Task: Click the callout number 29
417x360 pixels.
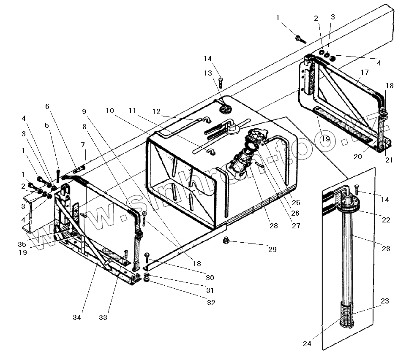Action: click(272, 249)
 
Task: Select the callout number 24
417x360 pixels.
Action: click(307, 344)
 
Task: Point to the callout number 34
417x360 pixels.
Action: click(77, 317)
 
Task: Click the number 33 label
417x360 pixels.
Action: click(103, 317)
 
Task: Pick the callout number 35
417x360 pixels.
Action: click(22, 244)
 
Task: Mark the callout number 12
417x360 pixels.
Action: click(157, 111)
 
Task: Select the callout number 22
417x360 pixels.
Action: click(386, 220)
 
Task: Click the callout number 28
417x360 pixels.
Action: click(274, 226)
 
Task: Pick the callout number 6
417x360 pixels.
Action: click(47, 106)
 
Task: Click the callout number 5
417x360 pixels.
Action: click(46, 125)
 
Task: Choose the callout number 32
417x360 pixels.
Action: click(211, 303)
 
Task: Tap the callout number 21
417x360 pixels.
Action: click(389, 160)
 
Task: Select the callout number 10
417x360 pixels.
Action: click(110, 111)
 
